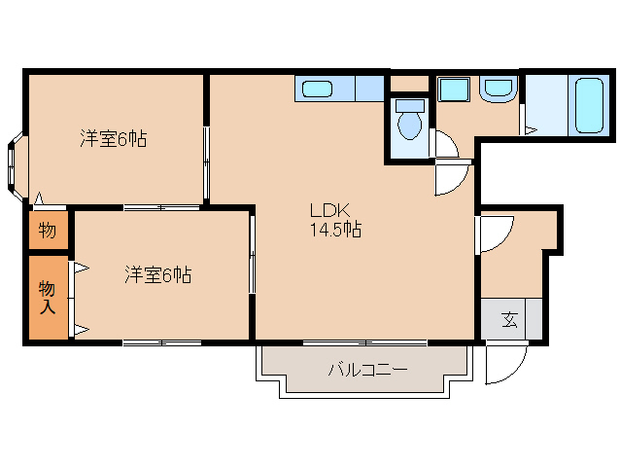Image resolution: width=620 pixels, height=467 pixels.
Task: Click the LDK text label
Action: click(323, 209)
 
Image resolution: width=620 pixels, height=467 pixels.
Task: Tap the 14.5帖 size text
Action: click(335, 231)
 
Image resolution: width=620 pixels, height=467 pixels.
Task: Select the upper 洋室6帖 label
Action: click(113, 139)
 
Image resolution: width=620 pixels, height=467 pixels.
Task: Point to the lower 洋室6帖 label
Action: click(157, 275)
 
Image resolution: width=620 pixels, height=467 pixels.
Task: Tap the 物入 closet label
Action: click(47, 296)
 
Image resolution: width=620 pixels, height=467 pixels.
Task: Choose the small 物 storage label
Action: click(47, 231)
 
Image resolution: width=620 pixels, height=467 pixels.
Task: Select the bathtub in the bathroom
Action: click(590, 104)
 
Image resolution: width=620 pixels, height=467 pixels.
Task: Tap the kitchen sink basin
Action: click(317, 90)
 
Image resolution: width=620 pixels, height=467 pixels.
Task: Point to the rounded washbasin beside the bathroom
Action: click(499, 90)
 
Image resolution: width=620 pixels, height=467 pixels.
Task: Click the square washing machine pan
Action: click(454, 90)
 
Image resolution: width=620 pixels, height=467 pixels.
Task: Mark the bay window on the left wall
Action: click(16, 166)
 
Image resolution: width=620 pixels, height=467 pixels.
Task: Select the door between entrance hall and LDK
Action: click(494, 233)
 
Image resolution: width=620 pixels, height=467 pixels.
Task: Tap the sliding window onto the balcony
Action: click(364, 342)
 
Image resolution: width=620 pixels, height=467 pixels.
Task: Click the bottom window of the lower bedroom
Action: click(161, 342)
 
